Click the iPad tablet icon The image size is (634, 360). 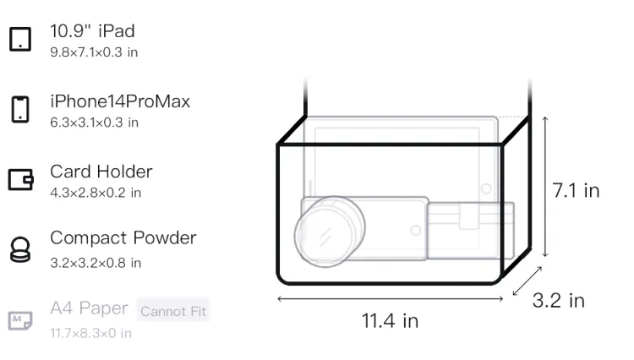click(x=20, y=39)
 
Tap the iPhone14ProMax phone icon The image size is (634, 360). click(x=20, y=109)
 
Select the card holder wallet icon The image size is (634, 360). click(x=20, y=179)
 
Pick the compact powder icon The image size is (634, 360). click(x=20, y=249)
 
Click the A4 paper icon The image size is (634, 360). click(x=20, y=320)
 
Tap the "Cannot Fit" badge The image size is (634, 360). click(x=173, y=311)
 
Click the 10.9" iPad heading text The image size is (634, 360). click(x=92, y=31)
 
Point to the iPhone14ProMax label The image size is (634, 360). click(x=120, y=101)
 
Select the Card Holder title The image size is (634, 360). click(x=101, y=172)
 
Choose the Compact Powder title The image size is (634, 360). click(x=123, y=238)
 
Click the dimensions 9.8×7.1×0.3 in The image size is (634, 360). click(x=94, y=52)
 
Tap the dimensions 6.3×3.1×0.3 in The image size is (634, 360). click(x=94, y=123)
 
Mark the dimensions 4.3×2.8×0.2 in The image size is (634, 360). click(x=96, y=193)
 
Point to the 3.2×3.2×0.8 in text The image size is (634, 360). click(x=96, y=263)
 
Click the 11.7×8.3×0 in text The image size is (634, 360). click(x=91, y=333)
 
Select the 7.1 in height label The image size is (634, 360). click(x=576, y=190)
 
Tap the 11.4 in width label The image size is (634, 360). click(x=390, y=321)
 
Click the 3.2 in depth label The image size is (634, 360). click(x=559, y=301)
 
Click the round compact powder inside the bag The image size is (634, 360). click(x=330, y=232)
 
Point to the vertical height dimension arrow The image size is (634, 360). click(x=545, y=187)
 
